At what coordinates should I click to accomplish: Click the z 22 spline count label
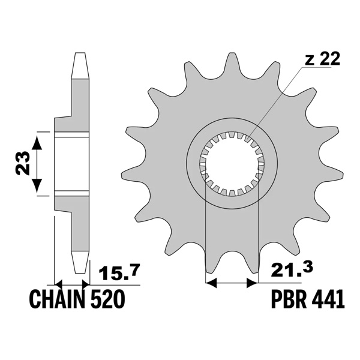(322, 59)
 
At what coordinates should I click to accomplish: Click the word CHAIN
(55, 299)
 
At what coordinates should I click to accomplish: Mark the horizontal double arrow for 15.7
(71, 283)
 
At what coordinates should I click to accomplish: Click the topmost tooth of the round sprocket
(232, 65)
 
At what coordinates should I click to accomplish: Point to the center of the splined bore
(232, 163)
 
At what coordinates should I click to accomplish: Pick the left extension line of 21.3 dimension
(206, 240)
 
